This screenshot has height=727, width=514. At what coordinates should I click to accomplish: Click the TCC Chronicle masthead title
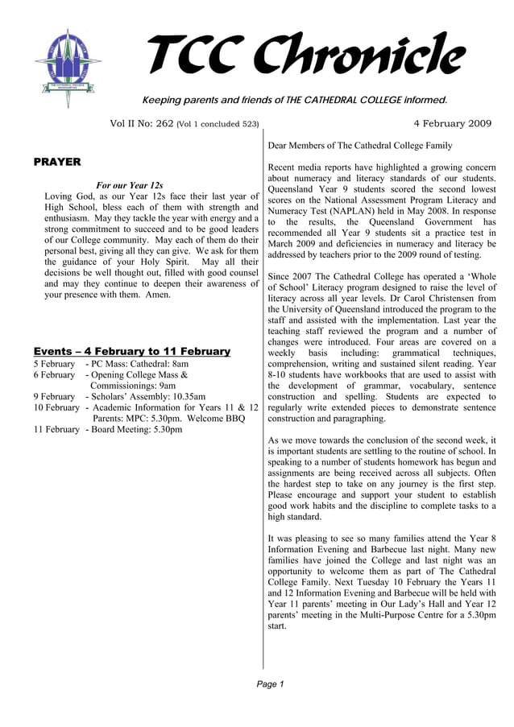coord(307,55)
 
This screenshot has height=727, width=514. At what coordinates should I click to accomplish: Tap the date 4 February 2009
coord(452,123)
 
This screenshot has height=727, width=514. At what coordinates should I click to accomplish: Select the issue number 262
coord(164,124)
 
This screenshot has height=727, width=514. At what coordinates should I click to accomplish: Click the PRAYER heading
coord(57,162)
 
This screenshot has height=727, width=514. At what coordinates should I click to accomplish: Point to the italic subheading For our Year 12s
coord(129,185)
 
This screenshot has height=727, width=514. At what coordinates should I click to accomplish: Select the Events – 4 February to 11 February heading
coord(132,351)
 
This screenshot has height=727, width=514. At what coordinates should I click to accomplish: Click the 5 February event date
coord(54,364)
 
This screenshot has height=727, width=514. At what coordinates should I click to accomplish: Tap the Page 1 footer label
coord(271,684)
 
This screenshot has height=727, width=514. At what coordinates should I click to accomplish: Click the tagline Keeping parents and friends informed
coord(294,100)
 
